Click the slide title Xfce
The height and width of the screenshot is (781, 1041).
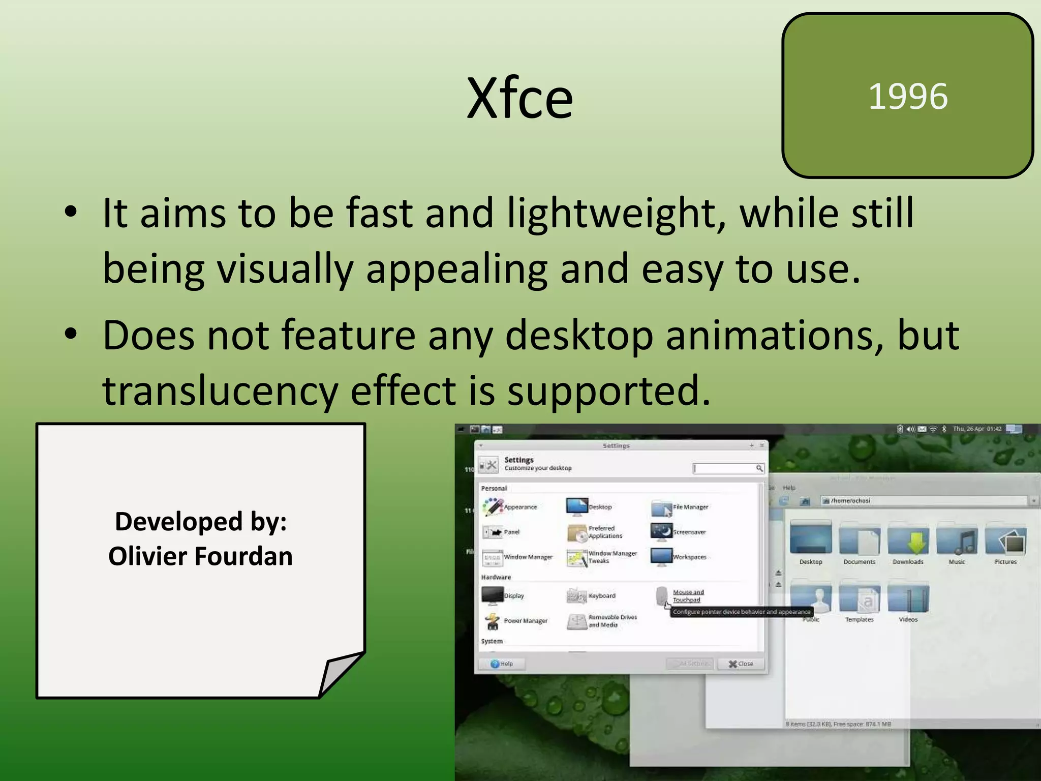[x=519, y=98]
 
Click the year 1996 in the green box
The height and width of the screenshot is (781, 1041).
[x=908, y=96]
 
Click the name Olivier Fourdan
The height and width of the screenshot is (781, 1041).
[x=200, y=556]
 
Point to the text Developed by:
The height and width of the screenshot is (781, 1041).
[x=200, y=522]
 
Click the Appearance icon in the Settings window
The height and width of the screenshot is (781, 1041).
[x=493, y=506]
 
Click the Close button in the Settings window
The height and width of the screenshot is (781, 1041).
[x=741, y=664]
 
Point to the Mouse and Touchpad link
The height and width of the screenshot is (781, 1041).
[x=688, y=596]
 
